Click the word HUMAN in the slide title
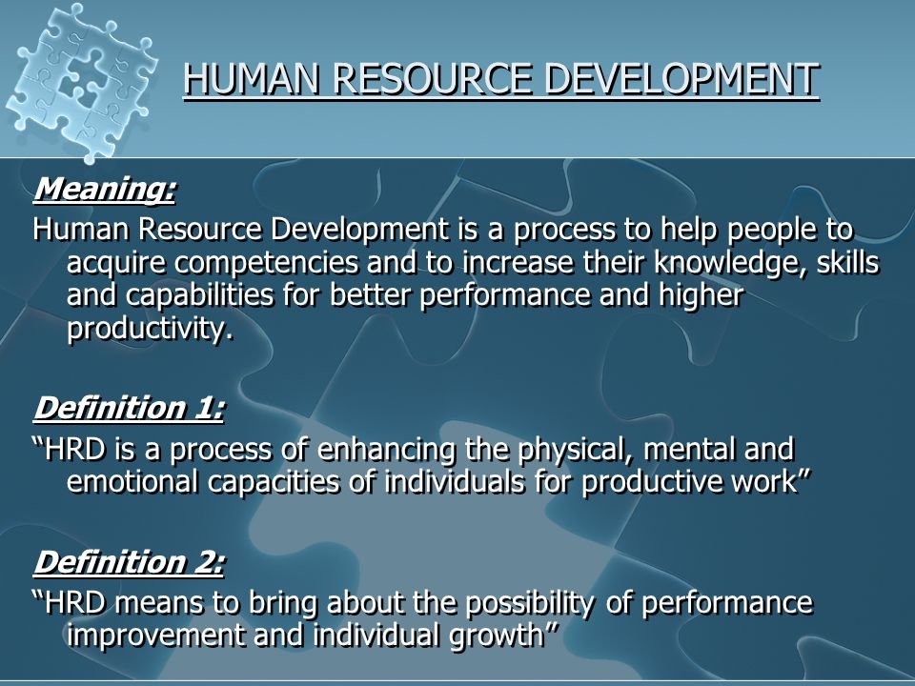tap(252, 79)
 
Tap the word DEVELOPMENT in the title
tap(681, 79)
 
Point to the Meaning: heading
tap(105, 189)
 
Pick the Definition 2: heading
tap(129, 562)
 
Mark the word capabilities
tap(199, 295)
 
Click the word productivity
tap(150, 329)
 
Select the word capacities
tap(274, 483)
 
